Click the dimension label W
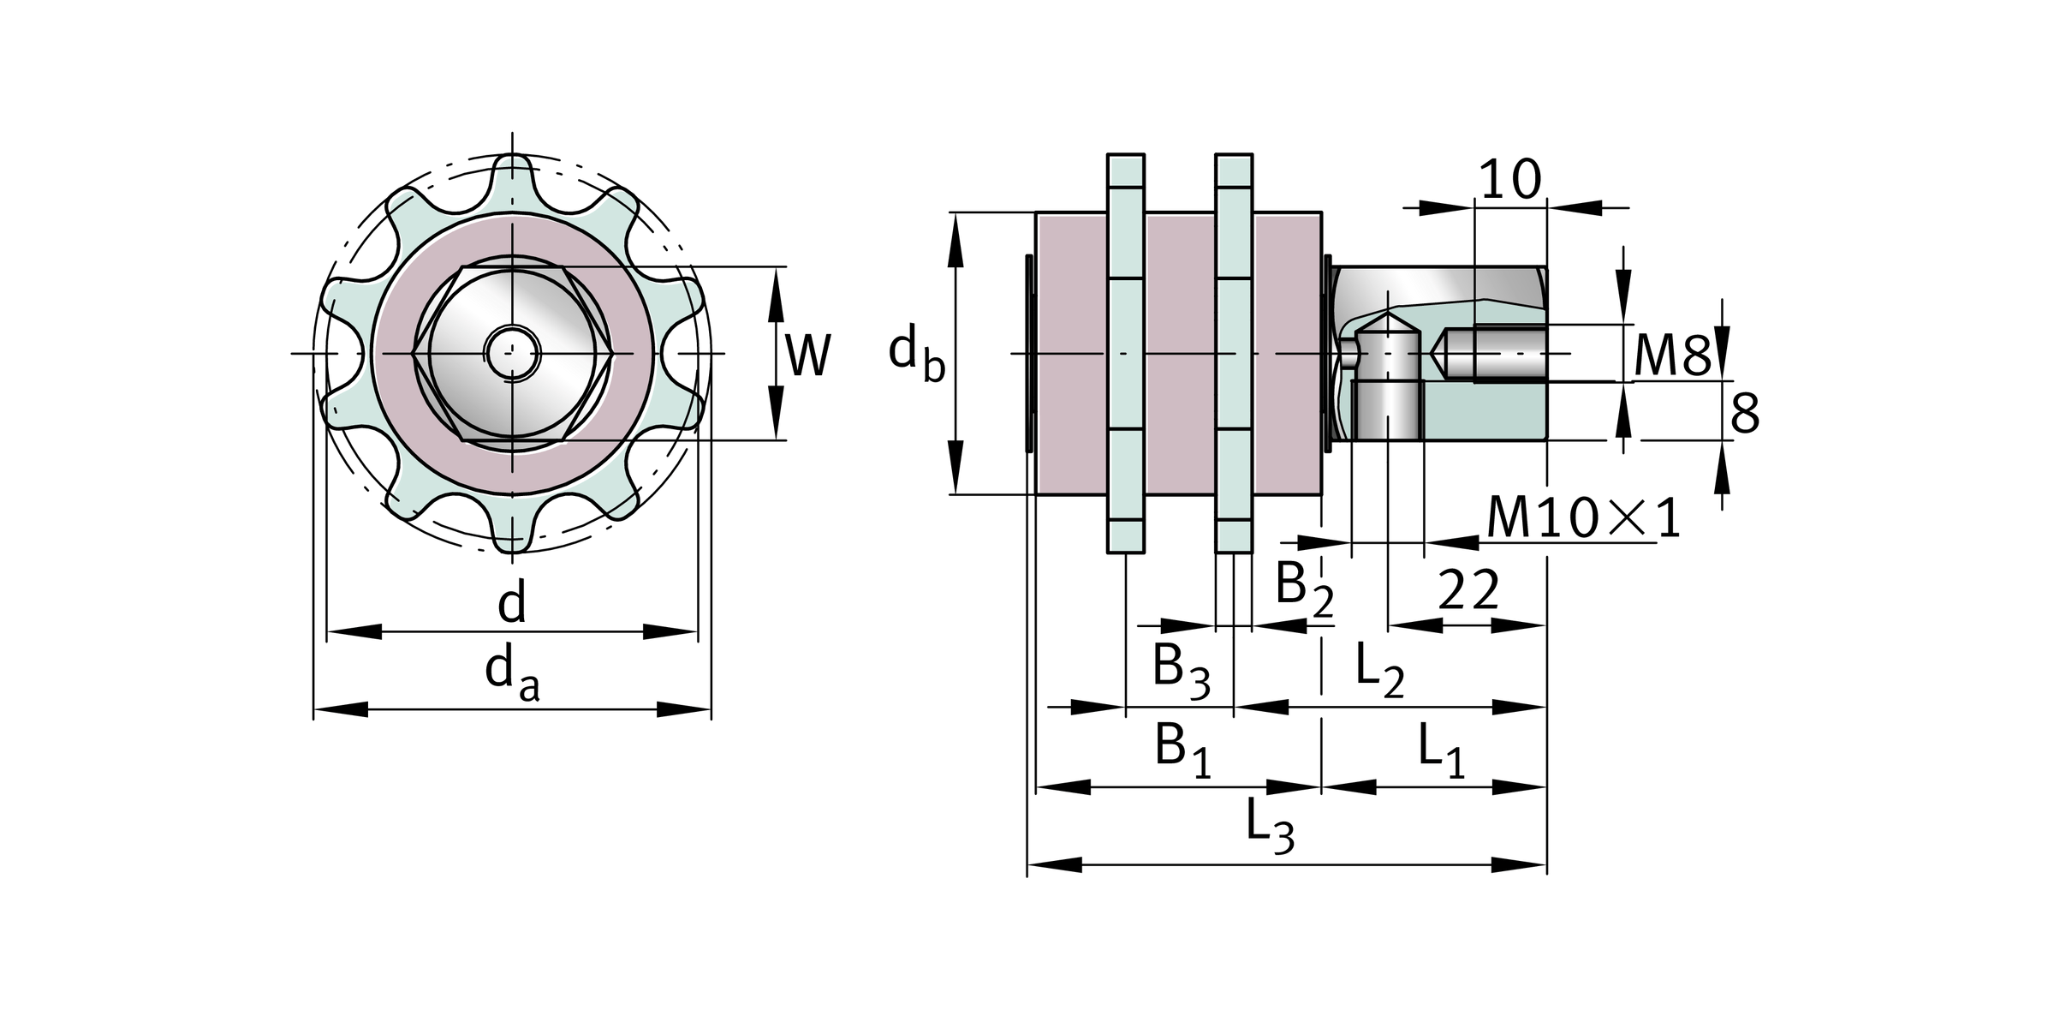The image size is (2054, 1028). coord(807,355)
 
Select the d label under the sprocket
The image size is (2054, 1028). coord(512,603)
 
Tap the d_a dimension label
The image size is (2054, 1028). coord(512,671)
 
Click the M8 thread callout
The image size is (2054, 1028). coord(1671,356)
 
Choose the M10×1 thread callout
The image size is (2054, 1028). coord(1583,518)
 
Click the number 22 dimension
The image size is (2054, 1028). coord(1469,590)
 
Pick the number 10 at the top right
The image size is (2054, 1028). coord(1510,181)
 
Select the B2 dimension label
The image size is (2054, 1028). coord(1304,590)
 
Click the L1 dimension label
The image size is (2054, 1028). coord(1441,748)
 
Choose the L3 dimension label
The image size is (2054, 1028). coord(1270,826)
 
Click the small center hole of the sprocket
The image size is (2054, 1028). coord(512,352)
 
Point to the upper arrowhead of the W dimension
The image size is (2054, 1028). coord(777,291)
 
